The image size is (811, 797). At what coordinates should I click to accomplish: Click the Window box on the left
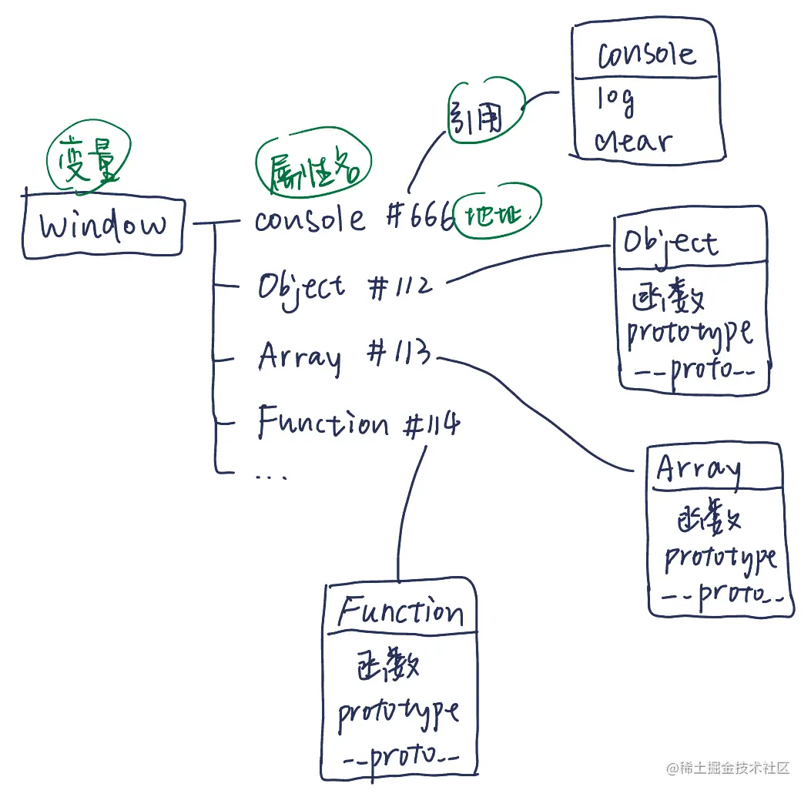pos(102,224)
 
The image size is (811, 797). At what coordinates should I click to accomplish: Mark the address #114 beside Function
pos(430,424)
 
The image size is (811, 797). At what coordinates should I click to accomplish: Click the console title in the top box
pos(645,54)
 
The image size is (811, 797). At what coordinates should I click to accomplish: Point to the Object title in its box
pos(670,243)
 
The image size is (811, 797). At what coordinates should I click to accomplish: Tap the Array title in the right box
pos(699,468)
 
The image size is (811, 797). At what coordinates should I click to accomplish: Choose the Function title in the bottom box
pos(400,612)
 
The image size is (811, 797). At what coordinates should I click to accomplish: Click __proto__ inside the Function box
pos(400,758)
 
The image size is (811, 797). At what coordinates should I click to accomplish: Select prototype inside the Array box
pos(720,558)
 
